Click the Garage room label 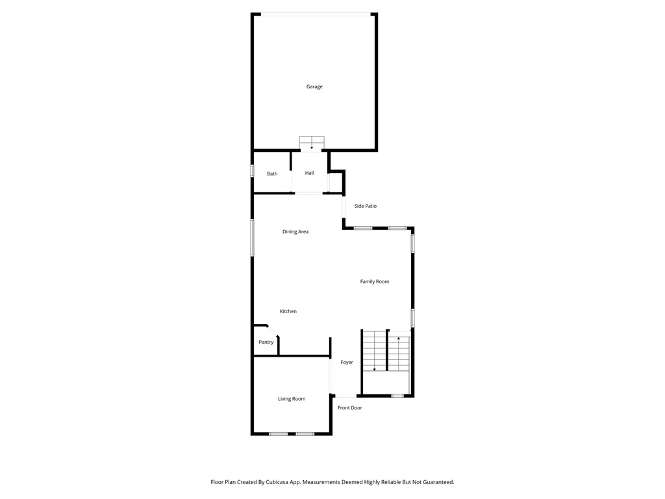pos(314,87)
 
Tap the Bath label pos(272,174)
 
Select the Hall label pos(310,173)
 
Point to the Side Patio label pos(365,207)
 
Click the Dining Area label pos(295,232)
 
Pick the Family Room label pos(375,282)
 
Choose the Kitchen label pos(288,312)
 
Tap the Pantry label pos(266,342)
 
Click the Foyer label pos(347,363)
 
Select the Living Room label pos(292,399)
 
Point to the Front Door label pos(350,408)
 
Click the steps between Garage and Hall pos(312,143)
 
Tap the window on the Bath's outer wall pos(253,171)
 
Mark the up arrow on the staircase pos(398,340)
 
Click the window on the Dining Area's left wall pos(253,237)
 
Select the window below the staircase pos(397,396)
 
